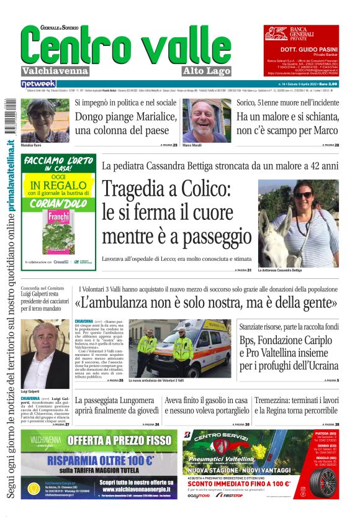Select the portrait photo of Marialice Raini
pos(45,121)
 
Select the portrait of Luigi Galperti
pos(45,354)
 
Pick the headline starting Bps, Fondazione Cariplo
pos(289,353)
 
